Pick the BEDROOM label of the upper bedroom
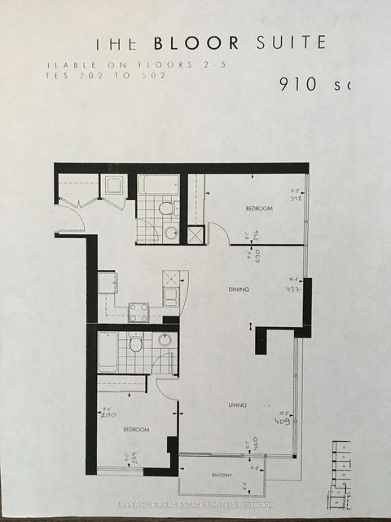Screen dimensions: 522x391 click(x=258, y=210)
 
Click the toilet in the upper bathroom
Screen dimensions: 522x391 click(x=165, y=209)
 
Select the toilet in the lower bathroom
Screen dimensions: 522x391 click(x=136, y=344)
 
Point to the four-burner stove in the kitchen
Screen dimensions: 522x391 click(x=138, y=313)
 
